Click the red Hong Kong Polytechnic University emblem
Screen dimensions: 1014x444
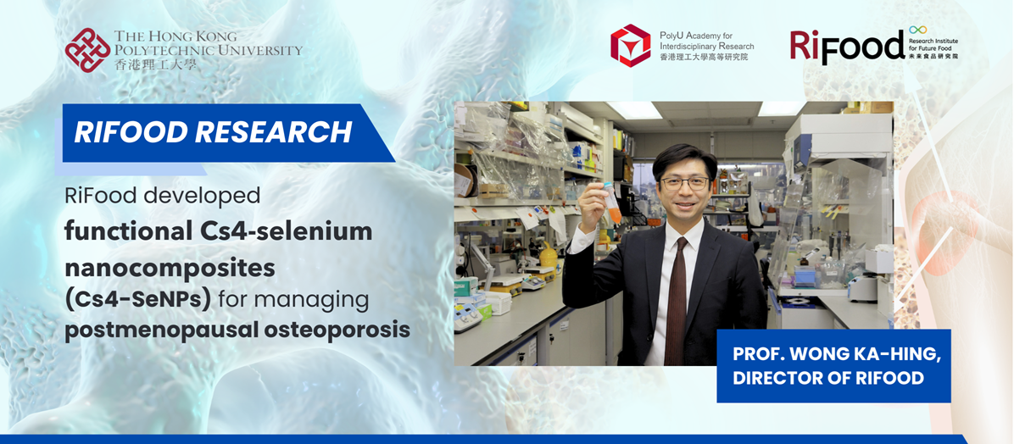(88, 50)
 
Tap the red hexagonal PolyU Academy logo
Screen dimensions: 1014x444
(631, 45)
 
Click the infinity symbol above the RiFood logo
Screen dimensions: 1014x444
(917, 30)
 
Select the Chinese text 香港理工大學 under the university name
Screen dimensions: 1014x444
(156, 64)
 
